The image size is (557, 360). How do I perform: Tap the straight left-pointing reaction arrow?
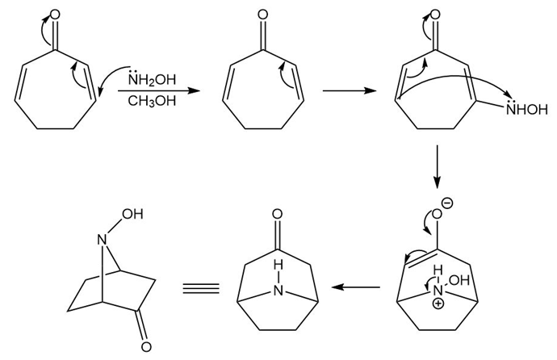(x=357, y=287)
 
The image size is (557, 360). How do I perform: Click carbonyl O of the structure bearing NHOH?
(x=436, y=15)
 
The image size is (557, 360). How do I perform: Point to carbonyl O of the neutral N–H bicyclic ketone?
(x=277, y=216)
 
